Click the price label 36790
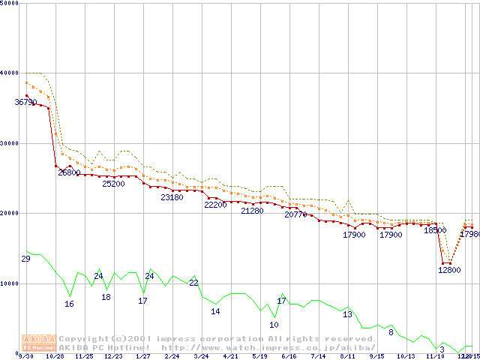coord(25,102)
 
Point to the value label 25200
coord(113,184)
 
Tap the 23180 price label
coord(172,197)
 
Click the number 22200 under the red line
coord(215,205)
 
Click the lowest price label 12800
coord(449,270)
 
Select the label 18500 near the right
coord(435,231)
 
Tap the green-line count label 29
coord(25,259)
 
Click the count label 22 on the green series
coord(193,283)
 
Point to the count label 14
coord(215,311)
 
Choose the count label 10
coord(274,325)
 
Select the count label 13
coord(347,314)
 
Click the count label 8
coord(391,332)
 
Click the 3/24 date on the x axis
coord(201,357)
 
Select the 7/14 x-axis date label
coord(318,357)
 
